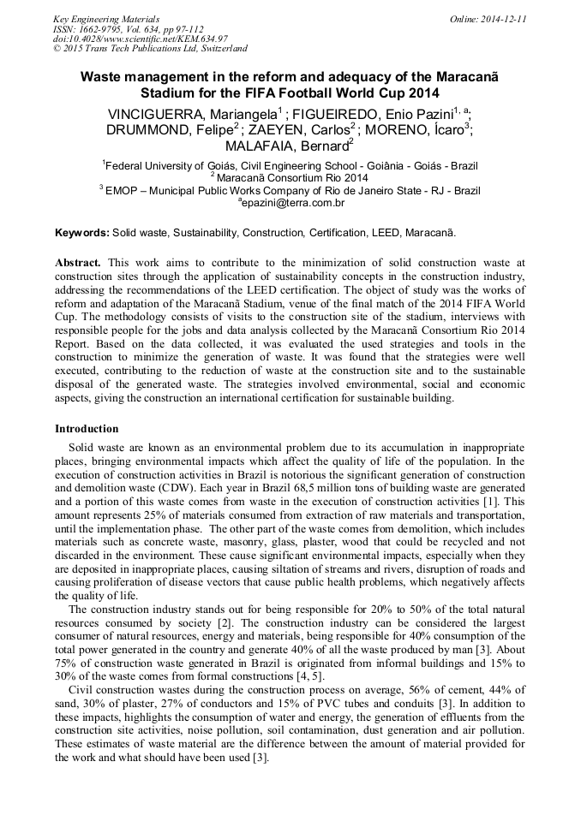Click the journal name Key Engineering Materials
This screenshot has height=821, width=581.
106,19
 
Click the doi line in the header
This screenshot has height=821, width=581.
140,39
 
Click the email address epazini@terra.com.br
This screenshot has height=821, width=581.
293,203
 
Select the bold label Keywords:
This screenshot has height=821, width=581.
82,233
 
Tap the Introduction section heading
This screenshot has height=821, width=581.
87,429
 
